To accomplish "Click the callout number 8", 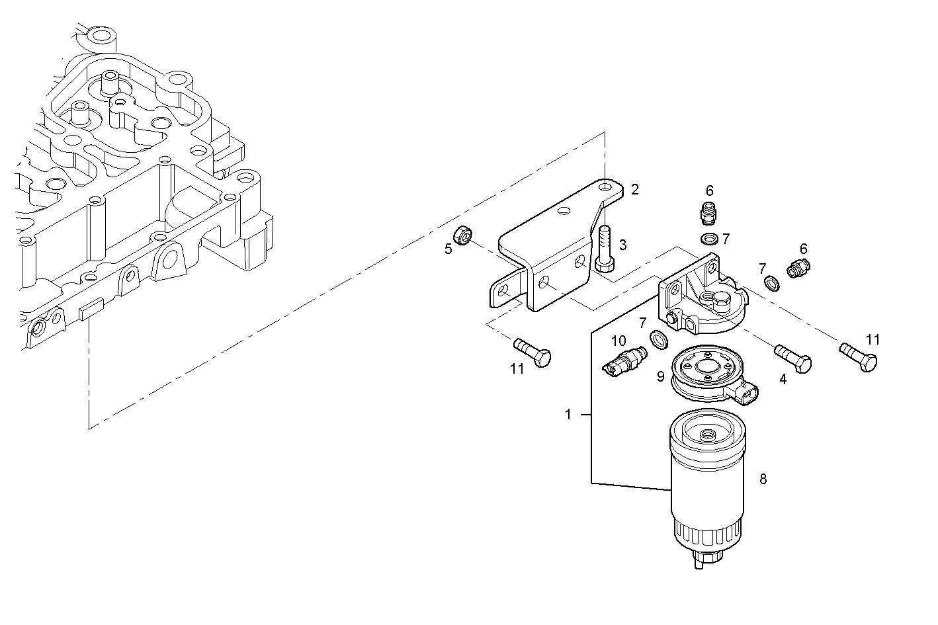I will tap(763, 479).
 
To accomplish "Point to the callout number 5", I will tap(448, 249).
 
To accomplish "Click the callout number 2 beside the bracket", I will tap(635, 190).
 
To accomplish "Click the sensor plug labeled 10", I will tap(623, 360).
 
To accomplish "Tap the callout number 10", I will tap(618, 341).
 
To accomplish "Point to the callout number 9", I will tap(660, 376).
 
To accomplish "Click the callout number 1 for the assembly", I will tap(568, 415).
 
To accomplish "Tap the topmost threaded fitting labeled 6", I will tap(708, 213).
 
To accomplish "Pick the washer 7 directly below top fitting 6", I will tap(709, 238).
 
